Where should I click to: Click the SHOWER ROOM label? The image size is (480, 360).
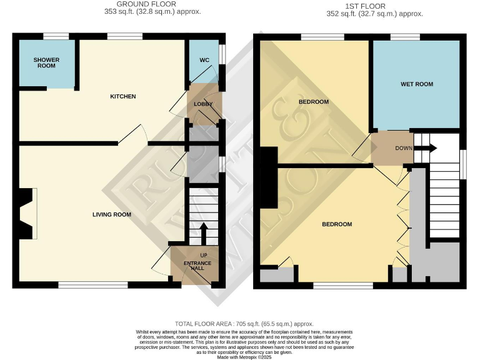click(x=46, y=63)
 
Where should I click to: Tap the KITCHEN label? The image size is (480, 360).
click(x=123, y=96)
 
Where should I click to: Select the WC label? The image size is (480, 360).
click(x=204, y=61)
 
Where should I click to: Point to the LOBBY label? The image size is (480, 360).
click(x=203, y=104)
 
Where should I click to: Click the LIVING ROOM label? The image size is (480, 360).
click(x=112, y=214)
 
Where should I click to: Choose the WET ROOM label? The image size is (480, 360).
click(x=416, y=84)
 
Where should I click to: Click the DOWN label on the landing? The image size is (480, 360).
click(x=404, y=148)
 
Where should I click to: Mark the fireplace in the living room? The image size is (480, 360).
click(x=26, y=214)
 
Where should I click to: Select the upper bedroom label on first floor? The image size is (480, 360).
click(x=314, y=102)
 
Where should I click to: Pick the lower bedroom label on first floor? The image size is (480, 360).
click(x=337, y=224)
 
